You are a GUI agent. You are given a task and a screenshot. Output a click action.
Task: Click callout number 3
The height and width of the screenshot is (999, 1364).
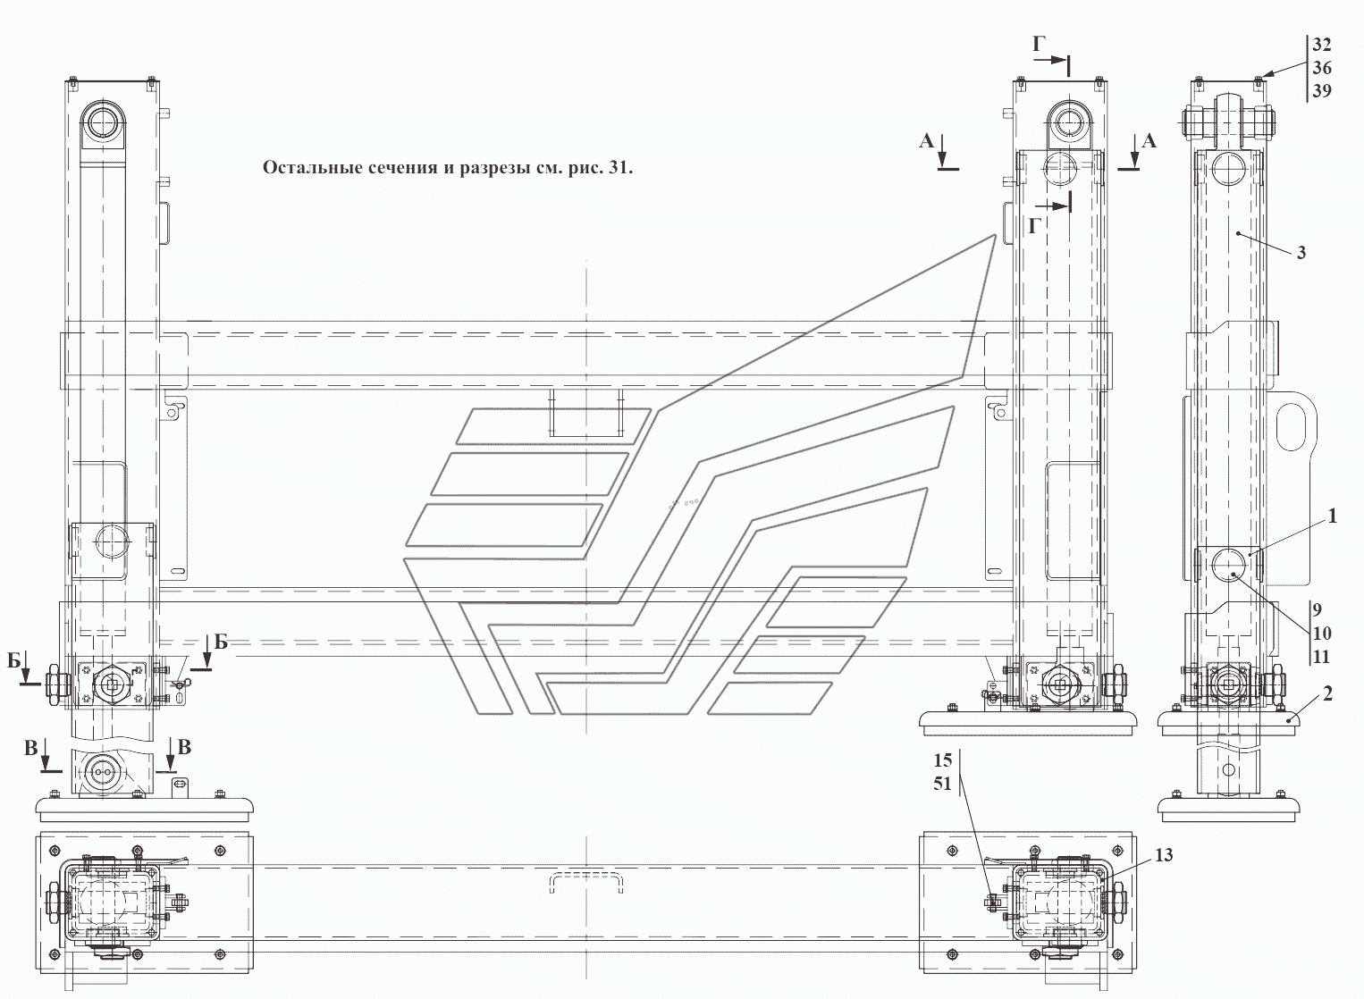click(1301, 253)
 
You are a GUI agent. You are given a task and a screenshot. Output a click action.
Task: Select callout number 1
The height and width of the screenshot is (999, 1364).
click(1332, 516)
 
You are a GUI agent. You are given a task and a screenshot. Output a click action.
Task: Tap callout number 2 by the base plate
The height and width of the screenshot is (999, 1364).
click(1327, 693)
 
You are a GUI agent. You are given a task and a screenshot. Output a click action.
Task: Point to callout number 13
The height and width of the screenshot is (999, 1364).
click(1164, 855)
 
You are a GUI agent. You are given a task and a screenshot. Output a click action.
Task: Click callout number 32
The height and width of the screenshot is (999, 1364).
click(1321, 45)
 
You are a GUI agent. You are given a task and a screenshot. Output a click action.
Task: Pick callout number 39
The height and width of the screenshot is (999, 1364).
click(1321, 91)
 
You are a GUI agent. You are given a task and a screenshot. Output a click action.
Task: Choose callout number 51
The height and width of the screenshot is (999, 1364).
click(943, 784)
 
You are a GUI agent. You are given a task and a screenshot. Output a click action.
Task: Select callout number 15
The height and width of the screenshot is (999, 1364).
click(943, 760)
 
